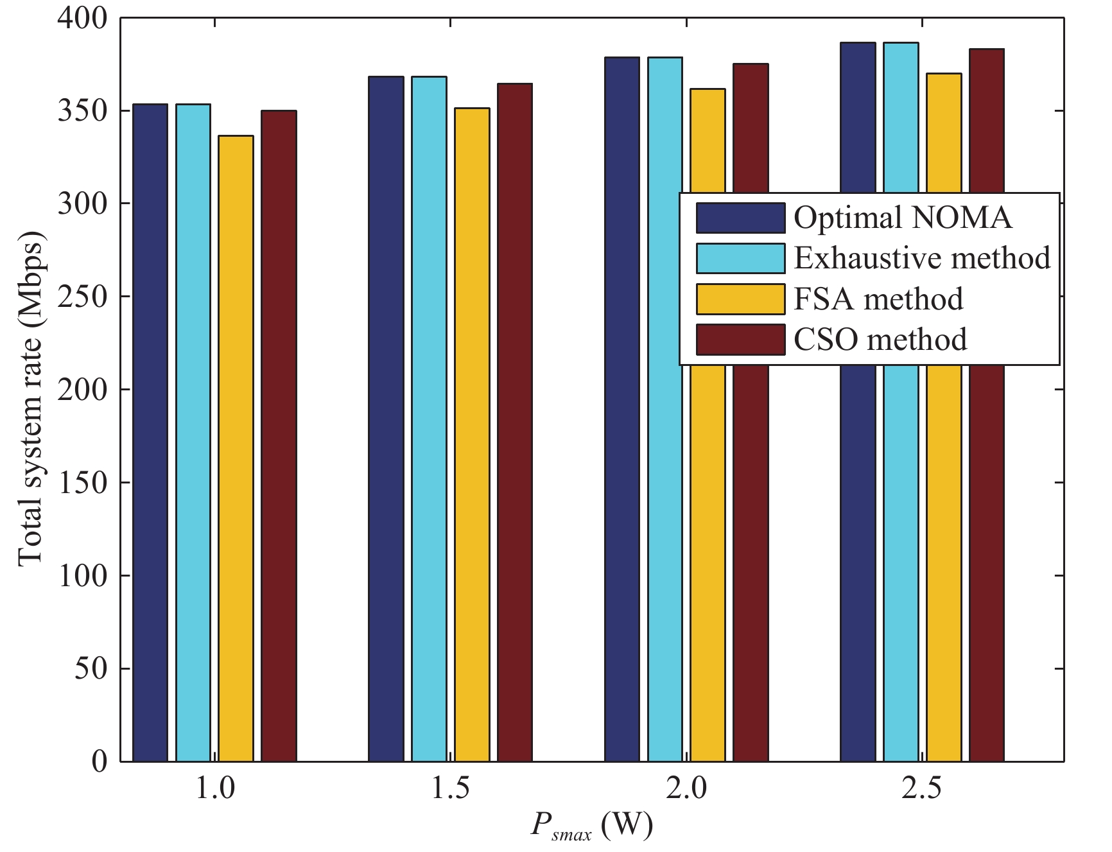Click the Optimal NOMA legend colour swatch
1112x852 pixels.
pyautogui.click(x=740, y=218)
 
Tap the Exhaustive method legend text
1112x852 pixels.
pyautogui.click(x=922, y=258)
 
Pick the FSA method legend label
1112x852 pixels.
pyautogui.click(x=878, y=299)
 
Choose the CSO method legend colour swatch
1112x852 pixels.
pyautogui.click(x=740, y=340)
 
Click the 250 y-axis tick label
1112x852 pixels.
pyautogui.click(x=82, y=296)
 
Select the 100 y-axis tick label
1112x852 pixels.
pyautogui.click(x=82, y=575)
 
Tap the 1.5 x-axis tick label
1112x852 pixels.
pyautogui.click(x=450, y=788)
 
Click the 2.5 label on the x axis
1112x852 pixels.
pyautogui.click(x=922, y=788)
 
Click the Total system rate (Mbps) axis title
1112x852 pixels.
pyautogui.click(x=31, y=398)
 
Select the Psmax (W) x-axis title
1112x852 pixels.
pyautogui.click(x=591, y=826)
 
